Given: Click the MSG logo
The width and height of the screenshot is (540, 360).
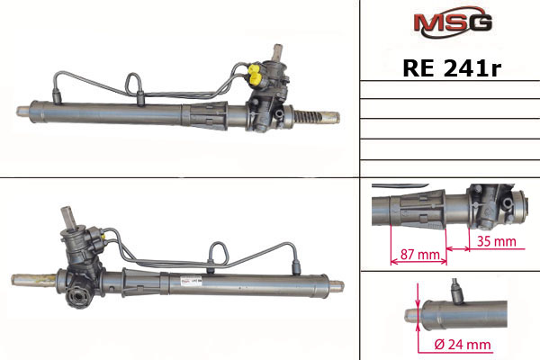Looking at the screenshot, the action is [453, 22].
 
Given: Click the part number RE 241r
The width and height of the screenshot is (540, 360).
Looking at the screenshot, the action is [452, 67].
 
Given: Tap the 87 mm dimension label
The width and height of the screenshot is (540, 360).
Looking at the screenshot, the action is [419, 255].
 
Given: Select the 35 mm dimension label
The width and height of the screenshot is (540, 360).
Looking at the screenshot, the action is [496, 241].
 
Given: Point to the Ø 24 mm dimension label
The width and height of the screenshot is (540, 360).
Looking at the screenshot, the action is [463, 344].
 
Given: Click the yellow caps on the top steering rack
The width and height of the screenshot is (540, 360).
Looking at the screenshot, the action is [255, 75].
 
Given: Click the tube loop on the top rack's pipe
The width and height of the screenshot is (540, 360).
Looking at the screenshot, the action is [133, 83].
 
